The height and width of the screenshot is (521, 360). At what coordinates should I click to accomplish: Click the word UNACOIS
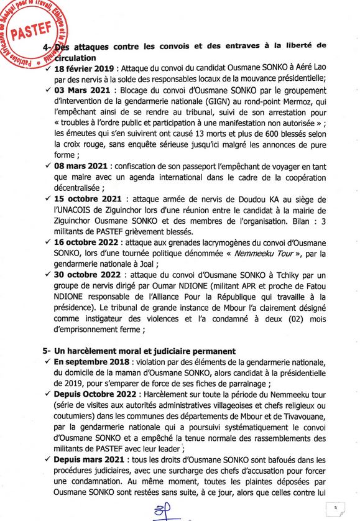78,210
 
